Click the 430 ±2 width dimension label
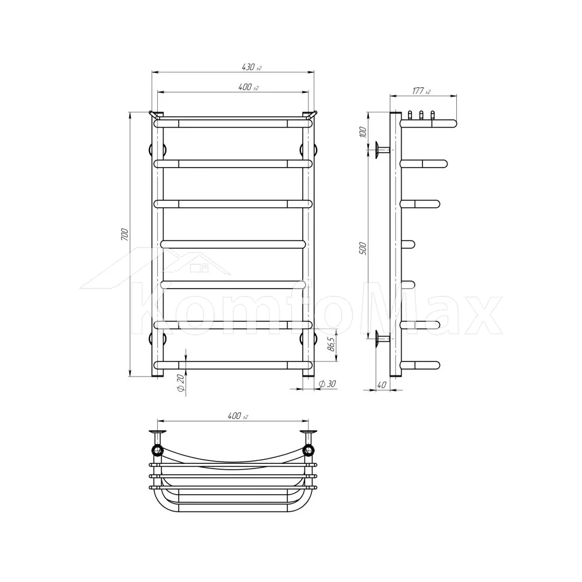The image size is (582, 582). point(251,67)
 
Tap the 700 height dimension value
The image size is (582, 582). point(125,235)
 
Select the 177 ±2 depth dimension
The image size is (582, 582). point(421,91)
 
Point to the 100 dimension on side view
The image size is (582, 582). point(363,132)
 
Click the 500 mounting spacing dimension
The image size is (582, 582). point(363,249)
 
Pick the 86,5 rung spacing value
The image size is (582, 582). point(331,344)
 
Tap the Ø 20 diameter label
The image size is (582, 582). point(181,383)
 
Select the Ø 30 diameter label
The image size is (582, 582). point(327,384)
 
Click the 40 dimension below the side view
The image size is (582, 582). point(382,385)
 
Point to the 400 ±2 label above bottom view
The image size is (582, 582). point(237,416)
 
